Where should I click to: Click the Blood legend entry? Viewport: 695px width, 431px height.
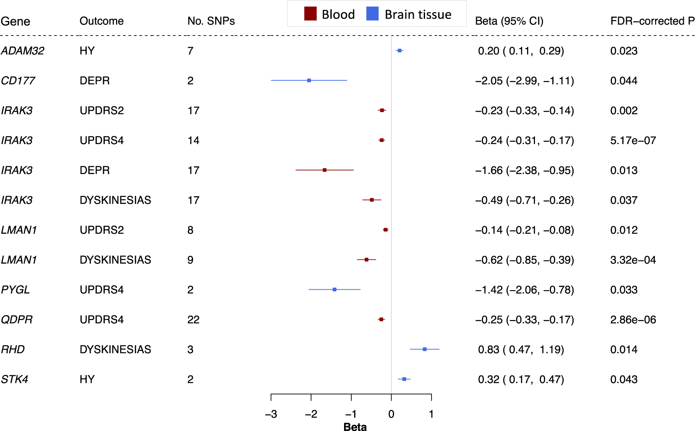point(330,15)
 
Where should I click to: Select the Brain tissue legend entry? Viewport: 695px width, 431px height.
point(409,15)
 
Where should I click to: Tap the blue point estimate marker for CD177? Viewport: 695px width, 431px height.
point(309,80)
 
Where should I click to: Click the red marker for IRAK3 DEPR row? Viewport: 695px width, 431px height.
point(325,170)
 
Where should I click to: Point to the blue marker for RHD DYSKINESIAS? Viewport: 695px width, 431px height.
point(425,349)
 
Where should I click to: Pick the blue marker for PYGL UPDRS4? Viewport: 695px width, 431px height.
point(334,289)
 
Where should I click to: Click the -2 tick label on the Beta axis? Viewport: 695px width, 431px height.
point(311,414)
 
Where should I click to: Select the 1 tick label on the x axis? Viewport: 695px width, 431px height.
point(431,414)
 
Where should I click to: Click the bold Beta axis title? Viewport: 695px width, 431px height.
point(355,427)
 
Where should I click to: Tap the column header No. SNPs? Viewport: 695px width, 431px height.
point(211,21)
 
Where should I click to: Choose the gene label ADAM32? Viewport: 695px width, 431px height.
point(23,51)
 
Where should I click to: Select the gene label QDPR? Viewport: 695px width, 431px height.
point(17,320)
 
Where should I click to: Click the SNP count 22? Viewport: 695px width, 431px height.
point(193,320)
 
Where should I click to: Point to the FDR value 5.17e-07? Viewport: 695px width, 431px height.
point(633,140)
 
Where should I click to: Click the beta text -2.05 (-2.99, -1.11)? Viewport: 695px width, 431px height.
point(525,81)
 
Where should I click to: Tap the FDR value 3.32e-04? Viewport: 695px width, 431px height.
point(633,260)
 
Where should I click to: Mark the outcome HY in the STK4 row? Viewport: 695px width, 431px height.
point(87,379)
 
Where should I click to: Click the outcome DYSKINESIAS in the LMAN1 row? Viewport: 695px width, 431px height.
point(115,260)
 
